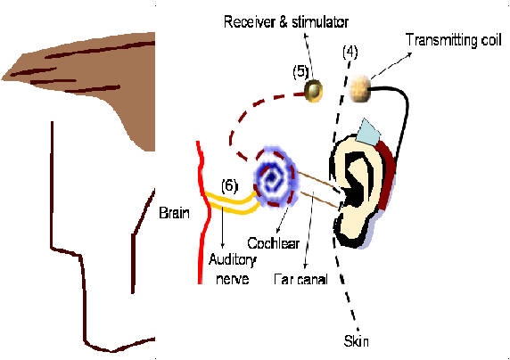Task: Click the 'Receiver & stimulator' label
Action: point(286,22)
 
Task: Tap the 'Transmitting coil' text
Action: point(454,40)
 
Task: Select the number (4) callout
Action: point(350,52)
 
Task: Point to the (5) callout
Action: point(300,72)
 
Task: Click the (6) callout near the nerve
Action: point(230,185)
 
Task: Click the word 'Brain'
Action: point(175,213)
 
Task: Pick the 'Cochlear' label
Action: point(273,243)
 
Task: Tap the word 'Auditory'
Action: point(233,260)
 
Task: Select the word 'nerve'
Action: point(233,279)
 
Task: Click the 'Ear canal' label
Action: point(300,279)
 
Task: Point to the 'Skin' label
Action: point(356,341)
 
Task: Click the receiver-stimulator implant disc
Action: point(314,91)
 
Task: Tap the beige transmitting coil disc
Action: point(359,88)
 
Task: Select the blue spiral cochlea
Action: point(275,177)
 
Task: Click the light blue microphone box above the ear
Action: point(368,132)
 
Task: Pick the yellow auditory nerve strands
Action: point(232,203)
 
